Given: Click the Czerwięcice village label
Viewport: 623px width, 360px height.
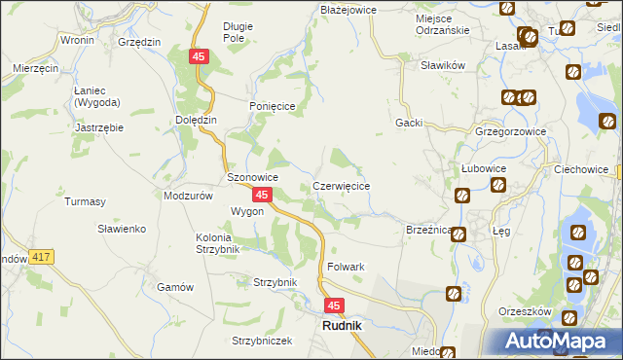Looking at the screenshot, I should [x=341, y=185].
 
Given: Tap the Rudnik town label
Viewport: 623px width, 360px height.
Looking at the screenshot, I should [x=342, y=326].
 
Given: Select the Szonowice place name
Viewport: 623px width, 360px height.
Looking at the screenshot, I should [x=253, y=178].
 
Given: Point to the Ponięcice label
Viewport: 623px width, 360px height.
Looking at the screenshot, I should [x=271, y=107].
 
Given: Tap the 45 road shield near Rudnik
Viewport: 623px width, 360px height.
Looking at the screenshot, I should [x=334, y=306].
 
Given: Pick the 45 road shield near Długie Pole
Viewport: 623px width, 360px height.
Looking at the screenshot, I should [x=199, y=58].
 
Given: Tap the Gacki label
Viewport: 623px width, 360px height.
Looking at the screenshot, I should [x=408, y=123].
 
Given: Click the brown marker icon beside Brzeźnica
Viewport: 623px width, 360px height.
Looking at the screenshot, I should [x=458, y=234].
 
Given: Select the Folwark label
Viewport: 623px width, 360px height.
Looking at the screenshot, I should [x=346, y=267].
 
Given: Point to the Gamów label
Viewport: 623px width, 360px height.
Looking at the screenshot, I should [x=176, y=287].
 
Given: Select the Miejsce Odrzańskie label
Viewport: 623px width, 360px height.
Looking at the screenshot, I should [x=428, y=23].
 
